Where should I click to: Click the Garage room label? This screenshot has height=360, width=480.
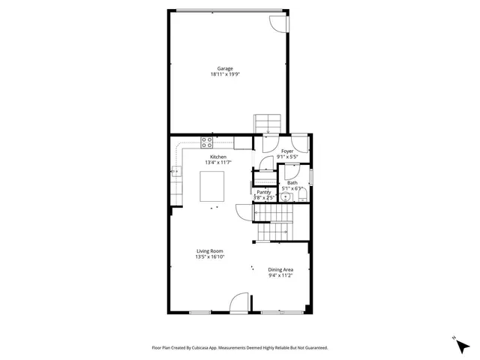coord(225,68)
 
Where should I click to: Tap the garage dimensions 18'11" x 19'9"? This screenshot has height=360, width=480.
coord(225,74)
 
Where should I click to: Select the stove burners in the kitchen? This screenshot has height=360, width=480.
coord(208,141)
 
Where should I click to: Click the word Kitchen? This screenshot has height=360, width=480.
coord(217,157)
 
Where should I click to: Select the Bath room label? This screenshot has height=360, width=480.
coord(292,183)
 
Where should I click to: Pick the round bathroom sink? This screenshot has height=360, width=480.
coord(285,198)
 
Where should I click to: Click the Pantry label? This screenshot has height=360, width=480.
coord(264,192)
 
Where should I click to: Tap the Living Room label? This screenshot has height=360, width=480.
coord(210,251)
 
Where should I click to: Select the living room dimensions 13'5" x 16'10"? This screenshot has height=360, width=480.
coord(210,257)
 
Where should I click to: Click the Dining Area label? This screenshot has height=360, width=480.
coord(280,269)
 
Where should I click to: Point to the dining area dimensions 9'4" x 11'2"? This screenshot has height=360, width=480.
coord(280,275)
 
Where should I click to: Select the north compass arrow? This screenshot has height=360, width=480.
coord(458,343)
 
